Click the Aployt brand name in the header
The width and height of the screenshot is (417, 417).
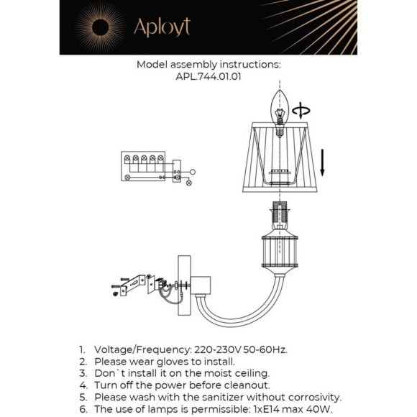tap(162, 27)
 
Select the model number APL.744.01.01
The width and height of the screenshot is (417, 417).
tap(208, 78)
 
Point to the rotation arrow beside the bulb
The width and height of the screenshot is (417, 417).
tap(304, 111)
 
